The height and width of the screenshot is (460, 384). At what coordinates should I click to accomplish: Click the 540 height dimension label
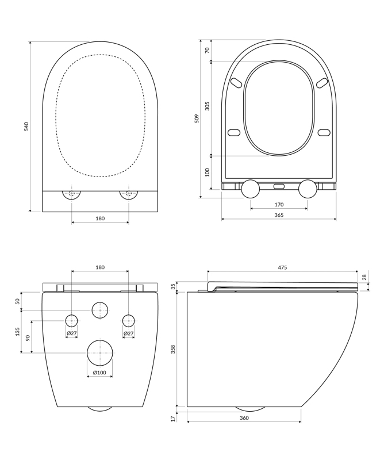26,126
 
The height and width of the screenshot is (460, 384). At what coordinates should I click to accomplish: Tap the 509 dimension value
197,118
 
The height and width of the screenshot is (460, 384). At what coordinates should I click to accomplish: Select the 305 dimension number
208,106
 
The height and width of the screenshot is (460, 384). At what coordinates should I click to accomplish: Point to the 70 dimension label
208,50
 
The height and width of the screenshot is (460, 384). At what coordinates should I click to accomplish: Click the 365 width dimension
279,215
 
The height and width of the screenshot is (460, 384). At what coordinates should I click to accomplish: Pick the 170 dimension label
279,205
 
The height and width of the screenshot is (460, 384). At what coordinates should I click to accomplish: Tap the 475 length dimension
282,267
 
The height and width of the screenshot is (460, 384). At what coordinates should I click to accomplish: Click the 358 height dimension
173,349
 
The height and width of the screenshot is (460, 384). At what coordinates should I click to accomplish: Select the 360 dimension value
244,418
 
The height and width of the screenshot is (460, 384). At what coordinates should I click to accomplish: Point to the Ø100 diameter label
99,373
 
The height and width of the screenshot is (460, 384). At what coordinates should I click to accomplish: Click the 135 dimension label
18,332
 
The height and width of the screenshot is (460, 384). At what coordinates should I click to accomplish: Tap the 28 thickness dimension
364,277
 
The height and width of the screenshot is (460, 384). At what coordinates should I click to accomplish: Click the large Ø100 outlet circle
100,353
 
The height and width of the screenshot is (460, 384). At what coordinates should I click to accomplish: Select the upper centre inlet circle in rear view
100,310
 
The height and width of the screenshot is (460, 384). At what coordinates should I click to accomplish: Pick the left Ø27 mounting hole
72,321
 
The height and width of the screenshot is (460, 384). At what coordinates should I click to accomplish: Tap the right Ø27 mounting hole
129,321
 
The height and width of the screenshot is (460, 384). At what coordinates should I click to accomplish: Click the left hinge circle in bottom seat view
250,189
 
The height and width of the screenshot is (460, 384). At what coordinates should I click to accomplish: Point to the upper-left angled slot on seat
236,83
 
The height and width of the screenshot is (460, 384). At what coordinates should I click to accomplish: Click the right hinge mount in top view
129,194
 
